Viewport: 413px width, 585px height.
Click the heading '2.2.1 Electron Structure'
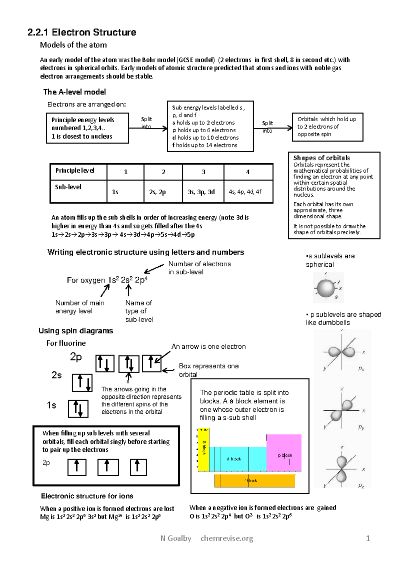pyautogui.click(x=82, y=32)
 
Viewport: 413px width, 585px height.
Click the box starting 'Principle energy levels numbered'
pyautogui.click(x=87, y=128)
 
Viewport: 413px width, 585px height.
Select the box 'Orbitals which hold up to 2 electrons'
pyautogui.click(x=327, y=127)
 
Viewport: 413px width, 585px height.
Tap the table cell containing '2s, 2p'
pyautogui.click(x=163, y=192)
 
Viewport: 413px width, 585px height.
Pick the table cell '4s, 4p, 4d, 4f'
pyautogui.click(x=248, y=192)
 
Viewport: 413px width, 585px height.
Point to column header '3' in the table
pyautogui.click(x=203, y=172)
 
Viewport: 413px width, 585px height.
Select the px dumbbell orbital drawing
pyautogui.click(x=342, y=352)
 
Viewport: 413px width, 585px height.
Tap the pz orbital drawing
pyautogui.click(x=341, y=469)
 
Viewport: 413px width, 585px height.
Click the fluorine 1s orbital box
pyautogui.click(x=78, y=409)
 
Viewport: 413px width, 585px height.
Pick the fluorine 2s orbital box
pyautogui.click(x=82, y=382)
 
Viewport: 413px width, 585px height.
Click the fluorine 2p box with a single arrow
pyautogui.click(x=151, y=363)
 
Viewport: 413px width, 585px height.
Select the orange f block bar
pyautogui.click(x=255, y=481)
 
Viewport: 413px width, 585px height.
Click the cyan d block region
pyautogui.click(x=237, y=459)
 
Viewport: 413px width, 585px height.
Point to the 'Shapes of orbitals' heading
pyautogui.click(x=321, y=158)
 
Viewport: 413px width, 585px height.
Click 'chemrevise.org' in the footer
pyautogui.click(x=227, y=538)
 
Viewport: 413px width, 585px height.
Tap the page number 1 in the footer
pyautogui.click(x=368, y=538)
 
